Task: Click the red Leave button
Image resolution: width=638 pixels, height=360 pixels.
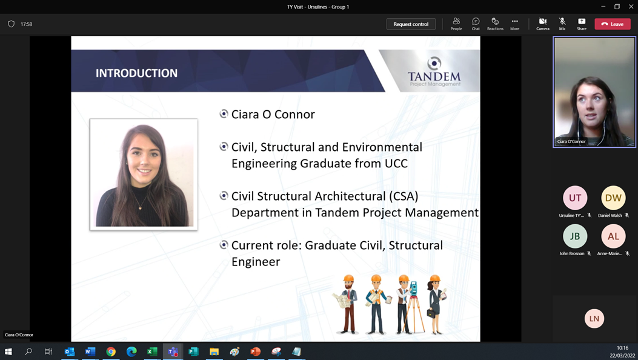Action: pos(613,24)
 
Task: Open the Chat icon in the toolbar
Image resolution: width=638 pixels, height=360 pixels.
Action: pos(476,22)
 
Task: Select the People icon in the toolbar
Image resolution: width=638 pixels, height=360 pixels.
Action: pos(456,22)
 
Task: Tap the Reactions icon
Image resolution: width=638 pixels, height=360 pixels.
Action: pos(495,22)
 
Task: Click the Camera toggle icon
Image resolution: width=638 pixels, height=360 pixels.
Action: pos(542,22)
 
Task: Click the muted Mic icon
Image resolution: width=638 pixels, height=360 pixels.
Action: pos(562,22)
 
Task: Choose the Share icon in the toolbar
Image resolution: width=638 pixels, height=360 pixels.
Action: pos(582,22)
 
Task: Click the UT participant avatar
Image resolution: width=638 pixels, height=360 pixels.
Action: pos(575,198)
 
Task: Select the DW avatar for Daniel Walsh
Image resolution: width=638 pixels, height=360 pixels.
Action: pos(613,198)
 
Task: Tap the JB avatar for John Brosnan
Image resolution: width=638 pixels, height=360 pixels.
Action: pos(575,236)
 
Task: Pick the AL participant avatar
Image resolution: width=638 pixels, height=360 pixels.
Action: pos(613,236)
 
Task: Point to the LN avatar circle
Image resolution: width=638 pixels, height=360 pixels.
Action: pos(594,319)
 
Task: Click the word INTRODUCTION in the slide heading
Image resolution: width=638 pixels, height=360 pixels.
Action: pos(137,73)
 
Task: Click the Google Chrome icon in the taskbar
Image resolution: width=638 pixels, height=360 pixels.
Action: pos(111,352)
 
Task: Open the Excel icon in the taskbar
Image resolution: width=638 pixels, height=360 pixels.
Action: pos(152,352)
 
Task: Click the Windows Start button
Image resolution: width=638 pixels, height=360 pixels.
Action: pos(8,352)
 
